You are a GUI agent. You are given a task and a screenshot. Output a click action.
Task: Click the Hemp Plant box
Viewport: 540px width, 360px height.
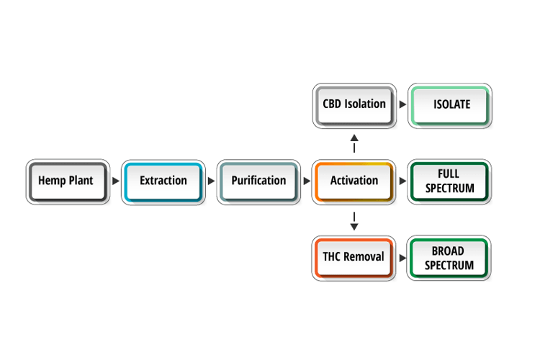pos(68,182)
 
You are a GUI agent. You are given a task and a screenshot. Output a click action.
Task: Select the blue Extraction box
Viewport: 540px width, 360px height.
pos(163,182)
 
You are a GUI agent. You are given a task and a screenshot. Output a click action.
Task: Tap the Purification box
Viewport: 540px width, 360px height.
pos(258,182)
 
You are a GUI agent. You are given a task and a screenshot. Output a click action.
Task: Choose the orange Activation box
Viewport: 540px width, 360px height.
pos(354,182)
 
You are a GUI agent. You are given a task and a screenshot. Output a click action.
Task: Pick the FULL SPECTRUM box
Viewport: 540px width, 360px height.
pos(449,182)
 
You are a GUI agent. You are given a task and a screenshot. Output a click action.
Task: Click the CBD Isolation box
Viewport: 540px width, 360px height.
pos(354,106)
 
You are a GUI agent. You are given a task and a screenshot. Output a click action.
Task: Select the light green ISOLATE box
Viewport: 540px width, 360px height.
pos(450,106)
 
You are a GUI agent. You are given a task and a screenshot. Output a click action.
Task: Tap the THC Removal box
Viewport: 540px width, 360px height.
pos(354,258)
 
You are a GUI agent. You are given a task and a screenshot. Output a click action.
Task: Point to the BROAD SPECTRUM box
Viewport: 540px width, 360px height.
pos(449,258)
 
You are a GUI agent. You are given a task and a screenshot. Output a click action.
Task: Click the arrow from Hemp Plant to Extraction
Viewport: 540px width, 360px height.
pos(116,181)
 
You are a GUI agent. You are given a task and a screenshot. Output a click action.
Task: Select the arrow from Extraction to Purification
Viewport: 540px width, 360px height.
pos(211,181)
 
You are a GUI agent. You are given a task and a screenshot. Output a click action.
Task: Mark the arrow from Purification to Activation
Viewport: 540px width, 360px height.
pos(307,181)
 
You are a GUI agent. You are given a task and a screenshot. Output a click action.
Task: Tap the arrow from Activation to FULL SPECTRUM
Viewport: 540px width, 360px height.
pos(402,181)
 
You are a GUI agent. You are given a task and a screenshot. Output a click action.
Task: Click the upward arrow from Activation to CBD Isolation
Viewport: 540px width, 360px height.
pos(354,143)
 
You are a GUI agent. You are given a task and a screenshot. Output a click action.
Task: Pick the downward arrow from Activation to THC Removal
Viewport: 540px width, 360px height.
pos(354,221)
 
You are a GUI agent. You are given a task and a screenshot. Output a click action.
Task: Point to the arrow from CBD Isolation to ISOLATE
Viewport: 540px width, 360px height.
pos(402,104)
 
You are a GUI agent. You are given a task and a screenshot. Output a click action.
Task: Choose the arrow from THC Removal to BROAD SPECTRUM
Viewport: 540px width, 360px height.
pos(402,258)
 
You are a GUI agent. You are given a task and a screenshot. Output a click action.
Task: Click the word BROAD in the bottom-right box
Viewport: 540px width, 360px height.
pos(448,251)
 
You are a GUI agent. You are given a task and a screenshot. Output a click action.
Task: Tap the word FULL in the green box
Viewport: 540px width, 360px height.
pos(449,174)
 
